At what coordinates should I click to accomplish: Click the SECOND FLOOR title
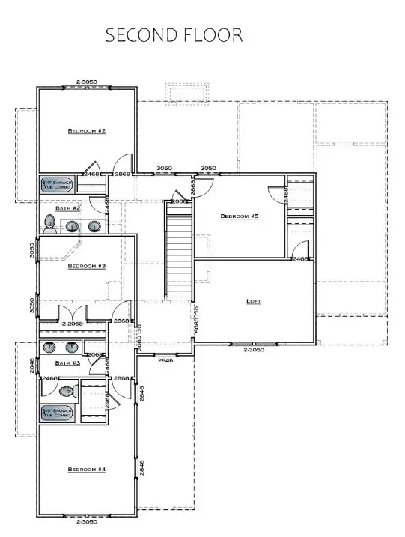pyautogui.click(x=174, y=35)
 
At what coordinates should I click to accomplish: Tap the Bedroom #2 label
pyautogui.click(x=87, y=131)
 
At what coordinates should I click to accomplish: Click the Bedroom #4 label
pyautogui.click(x=87, y=470)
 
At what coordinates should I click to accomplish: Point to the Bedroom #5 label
pyautogui.click(x=239, y=216)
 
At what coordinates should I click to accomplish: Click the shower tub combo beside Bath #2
pyautogui.click(x=56, y=185)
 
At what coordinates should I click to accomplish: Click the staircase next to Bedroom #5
pyautogui.click(x=179, y=255)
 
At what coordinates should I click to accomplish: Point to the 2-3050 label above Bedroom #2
pyautogui.click(x=87, y=81)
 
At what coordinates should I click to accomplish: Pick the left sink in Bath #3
pyautogui.click(x=51, y=347)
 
